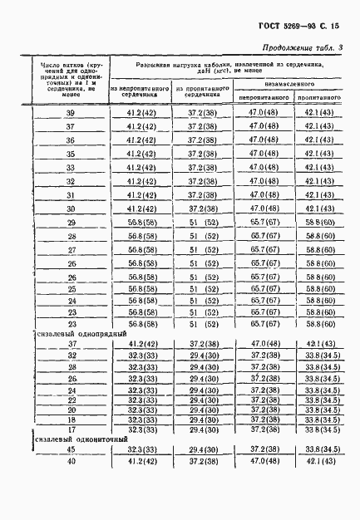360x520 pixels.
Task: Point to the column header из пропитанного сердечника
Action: pyautogui.click(x=200, y=91)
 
